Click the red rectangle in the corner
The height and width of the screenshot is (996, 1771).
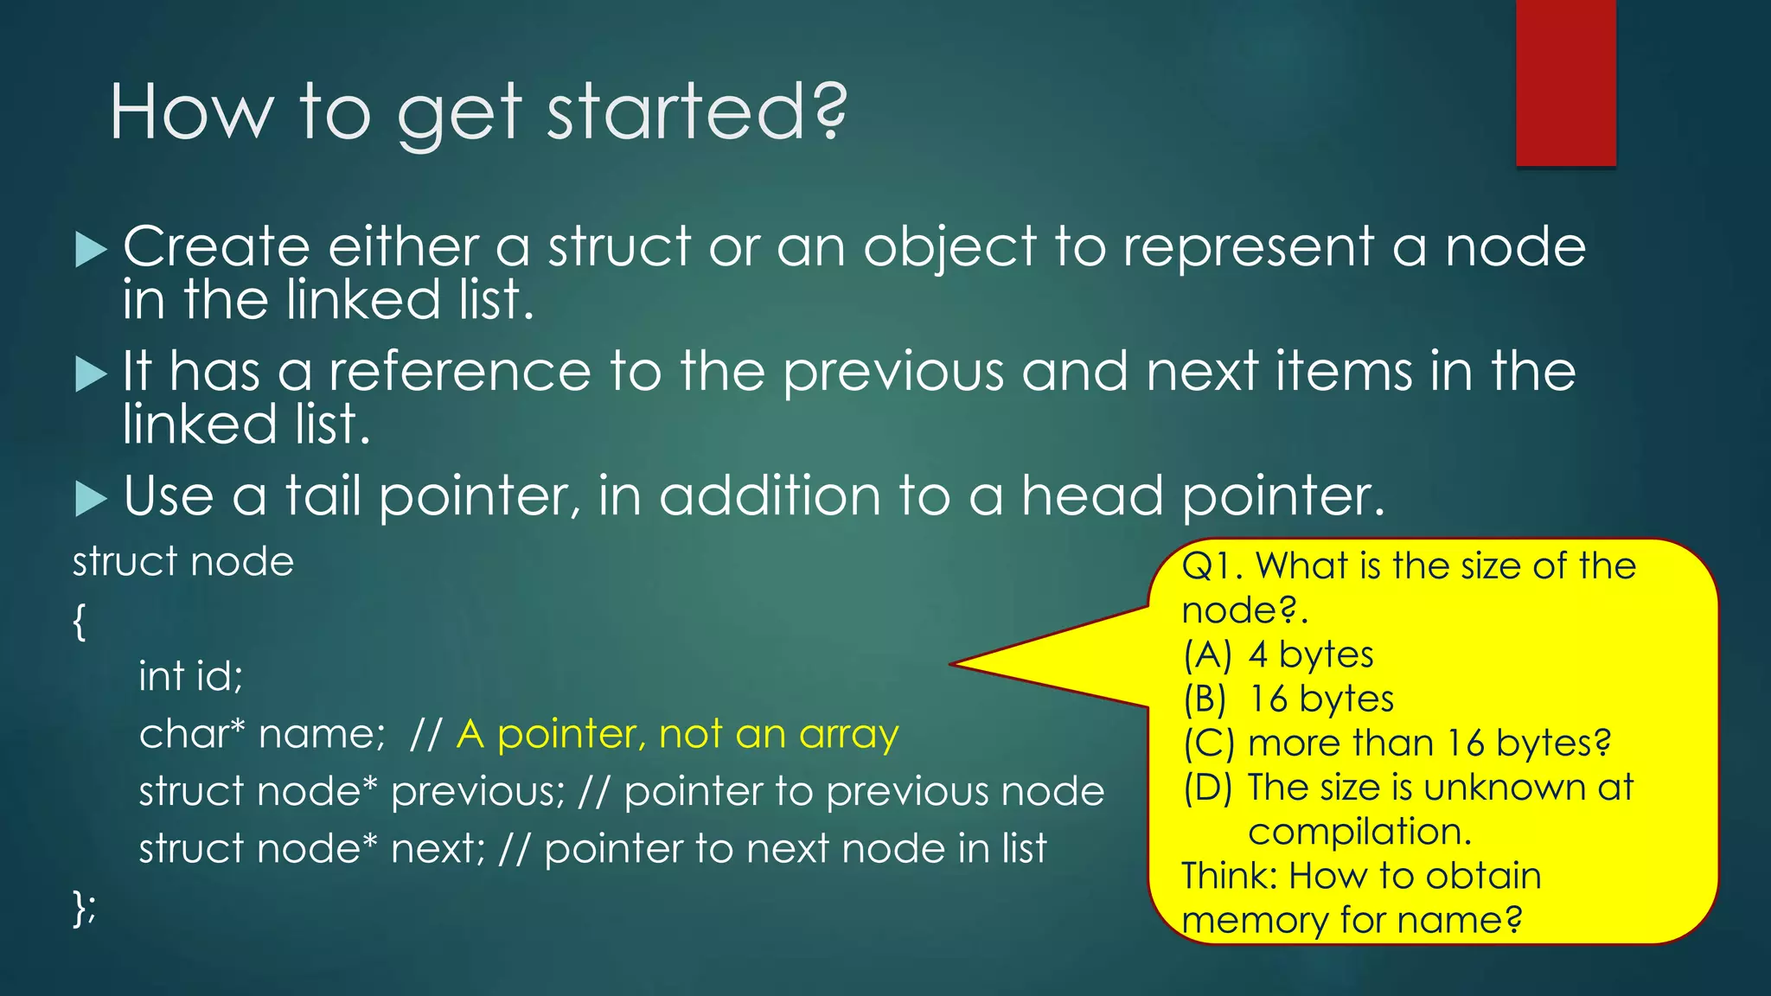click(1565, 82)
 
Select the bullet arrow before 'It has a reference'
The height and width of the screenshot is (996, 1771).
click(91, 374)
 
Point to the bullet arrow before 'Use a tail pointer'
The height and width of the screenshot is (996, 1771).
click(91, 499)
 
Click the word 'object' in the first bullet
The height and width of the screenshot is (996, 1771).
click(949, 248)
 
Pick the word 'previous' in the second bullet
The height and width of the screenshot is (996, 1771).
click(892, 373)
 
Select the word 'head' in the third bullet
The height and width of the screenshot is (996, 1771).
click(1092, 496)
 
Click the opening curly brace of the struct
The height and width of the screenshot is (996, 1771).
click(80, 621)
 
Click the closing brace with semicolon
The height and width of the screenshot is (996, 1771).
click(84, 908)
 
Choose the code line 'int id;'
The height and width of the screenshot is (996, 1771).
click(191, 675)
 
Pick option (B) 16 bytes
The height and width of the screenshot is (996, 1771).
click(1288, 699)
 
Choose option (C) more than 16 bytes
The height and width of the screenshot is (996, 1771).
click(1397, 743)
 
